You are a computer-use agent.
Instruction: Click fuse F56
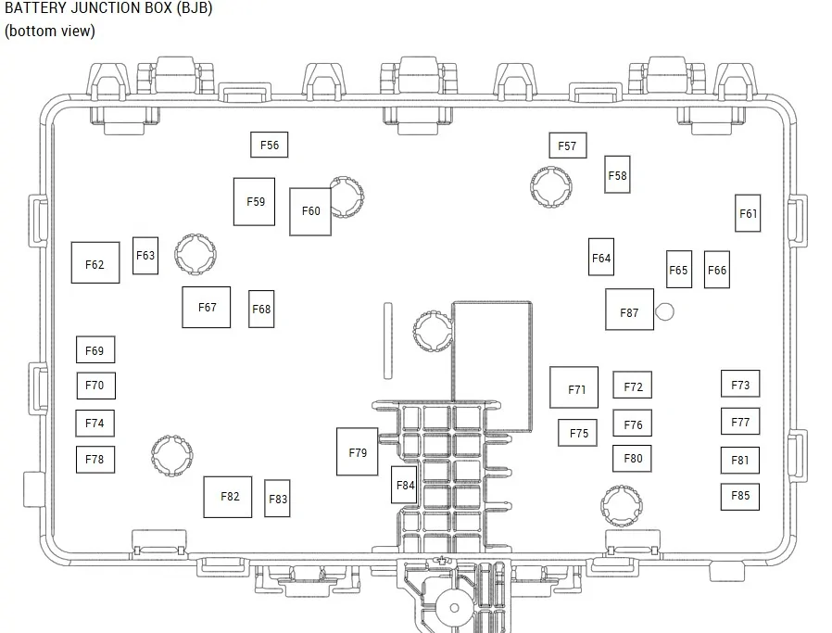click(269, 145)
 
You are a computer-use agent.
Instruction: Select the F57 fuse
click(568, 146)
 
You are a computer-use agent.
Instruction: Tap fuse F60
click(310, 211)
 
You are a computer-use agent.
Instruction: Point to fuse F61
click(748, 213)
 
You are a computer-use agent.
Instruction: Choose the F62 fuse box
click(95, 262)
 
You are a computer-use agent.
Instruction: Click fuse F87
click(629, 310)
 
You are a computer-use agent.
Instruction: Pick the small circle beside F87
click(665, 311)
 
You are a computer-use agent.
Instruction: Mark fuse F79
click(357, 451)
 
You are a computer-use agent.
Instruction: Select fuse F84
click(404, 485)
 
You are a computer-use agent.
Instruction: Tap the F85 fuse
click(740, 497)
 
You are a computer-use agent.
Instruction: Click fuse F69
click(95, 349)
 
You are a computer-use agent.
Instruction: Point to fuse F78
click(95, 460)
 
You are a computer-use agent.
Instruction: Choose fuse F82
click(228, 497)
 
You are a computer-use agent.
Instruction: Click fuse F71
click(574, 387)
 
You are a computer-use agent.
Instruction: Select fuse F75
click(578, 433)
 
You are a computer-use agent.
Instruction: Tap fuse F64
click(601, 257)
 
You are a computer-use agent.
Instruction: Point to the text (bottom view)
click(50, 31)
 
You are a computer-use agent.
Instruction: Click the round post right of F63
click(195, 254)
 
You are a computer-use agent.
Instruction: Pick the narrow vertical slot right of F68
click(388, 341)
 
